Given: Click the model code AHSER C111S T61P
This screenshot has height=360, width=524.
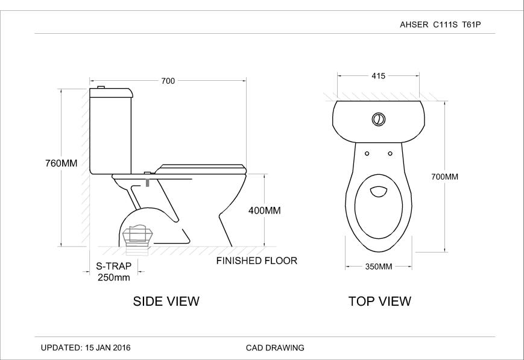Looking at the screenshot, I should (443, 25).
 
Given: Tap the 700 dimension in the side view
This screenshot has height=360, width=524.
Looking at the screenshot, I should (168, 81).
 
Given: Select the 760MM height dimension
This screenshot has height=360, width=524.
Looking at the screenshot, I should (62, 163).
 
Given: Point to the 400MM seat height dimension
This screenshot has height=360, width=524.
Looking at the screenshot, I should (264, 210).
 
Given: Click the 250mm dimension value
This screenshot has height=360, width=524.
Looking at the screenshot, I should (113, 277).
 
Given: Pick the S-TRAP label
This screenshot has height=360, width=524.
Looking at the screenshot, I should (113, 266).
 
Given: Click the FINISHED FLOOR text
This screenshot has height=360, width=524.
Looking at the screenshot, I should (257, 261).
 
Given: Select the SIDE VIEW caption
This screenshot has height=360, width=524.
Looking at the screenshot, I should (166, 302).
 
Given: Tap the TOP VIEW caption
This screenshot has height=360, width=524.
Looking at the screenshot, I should (380, 302).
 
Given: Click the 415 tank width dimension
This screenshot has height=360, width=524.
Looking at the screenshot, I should (378, 76).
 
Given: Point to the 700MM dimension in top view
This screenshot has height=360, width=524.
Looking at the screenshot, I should (445, 177).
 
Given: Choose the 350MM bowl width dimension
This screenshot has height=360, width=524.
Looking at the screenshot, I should (378, 267).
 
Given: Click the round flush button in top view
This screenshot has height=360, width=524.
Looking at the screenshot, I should (378, 118).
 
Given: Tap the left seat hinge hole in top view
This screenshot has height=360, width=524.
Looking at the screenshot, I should (366, 153).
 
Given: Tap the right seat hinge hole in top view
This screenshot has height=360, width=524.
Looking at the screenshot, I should (390, 153).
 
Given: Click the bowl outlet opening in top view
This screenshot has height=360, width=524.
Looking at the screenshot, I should (378, 192).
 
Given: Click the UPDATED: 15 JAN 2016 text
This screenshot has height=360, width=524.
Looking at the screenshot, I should (85, 348).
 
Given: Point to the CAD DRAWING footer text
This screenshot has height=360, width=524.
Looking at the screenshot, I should (275, 348).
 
